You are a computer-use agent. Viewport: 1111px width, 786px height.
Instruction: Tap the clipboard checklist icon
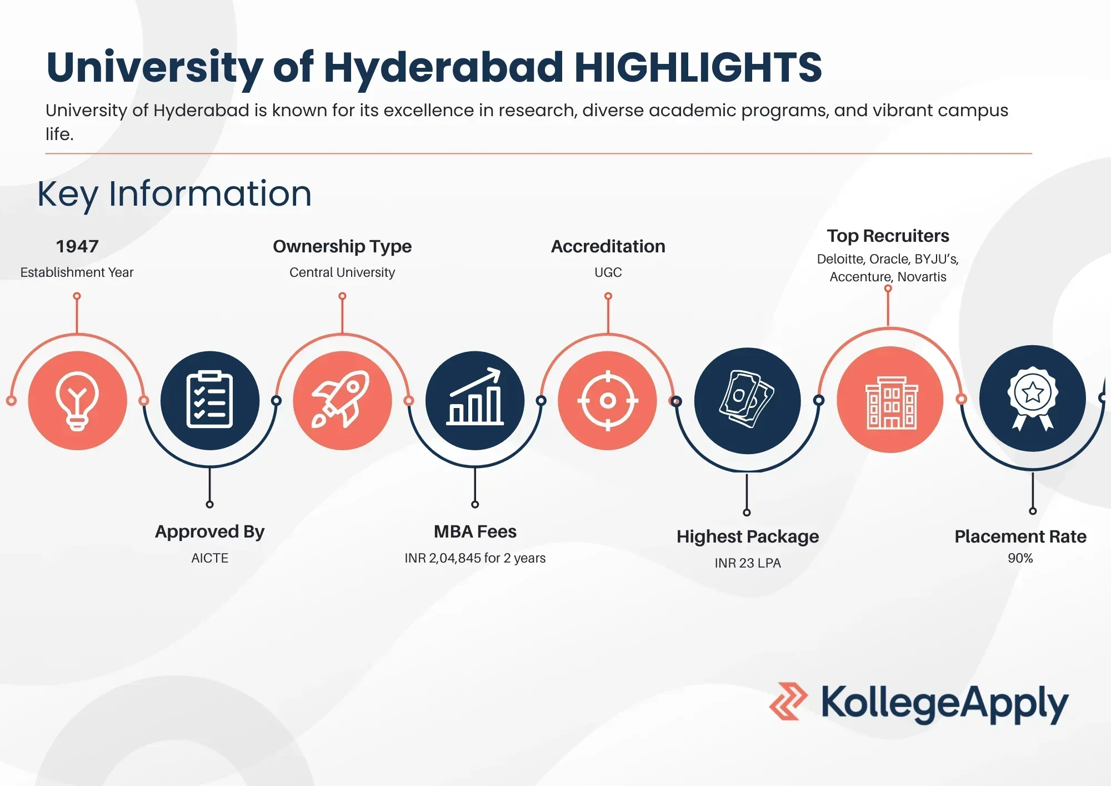[209, 399]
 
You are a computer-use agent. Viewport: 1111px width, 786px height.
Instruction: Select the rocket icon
[341, 399]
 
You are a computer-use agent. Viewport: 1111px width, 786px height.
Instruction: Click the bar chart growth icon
[475, 397]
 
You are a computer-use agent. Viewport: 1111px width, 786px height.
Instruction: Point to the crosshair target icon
[608, 400]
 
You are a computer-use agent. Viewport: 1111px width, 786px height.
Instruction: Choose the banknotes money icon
[747, 399]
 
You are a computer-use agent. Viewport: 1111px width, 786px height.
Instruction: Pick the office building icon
[892, 402]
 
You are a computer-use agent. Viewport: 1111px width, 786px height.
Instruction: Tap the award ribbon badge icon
[1033, 399]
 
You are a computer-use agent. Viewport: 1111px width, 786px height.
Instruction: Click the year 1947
[77, 246]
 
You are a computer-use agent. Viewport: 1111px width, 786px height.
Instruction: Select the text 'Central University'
[342, 272]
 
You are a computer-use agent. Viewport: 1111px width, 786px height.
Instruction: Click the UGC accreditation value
[608, 272]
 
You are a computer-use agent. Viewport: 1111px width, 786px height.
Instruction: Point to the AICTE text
[210, 558]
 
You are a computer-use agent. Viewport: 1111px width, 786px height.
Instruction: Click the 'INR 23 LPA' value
[748, 563]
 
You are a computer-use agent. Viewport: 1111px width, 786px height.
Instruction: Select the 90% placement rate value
[1020, 558]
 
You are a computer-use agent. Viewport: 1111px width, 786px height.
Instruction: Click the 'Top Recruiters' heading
[888, 236]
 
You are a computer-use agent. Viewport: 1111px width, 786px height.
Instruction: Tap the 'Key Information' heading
[174, 195]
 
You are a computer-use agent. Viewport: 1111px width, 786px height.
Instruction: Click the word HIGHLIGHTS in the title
[698, 67]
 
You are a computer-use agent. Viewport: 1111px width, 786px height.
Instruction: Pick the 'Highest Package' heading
[748, 537]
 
